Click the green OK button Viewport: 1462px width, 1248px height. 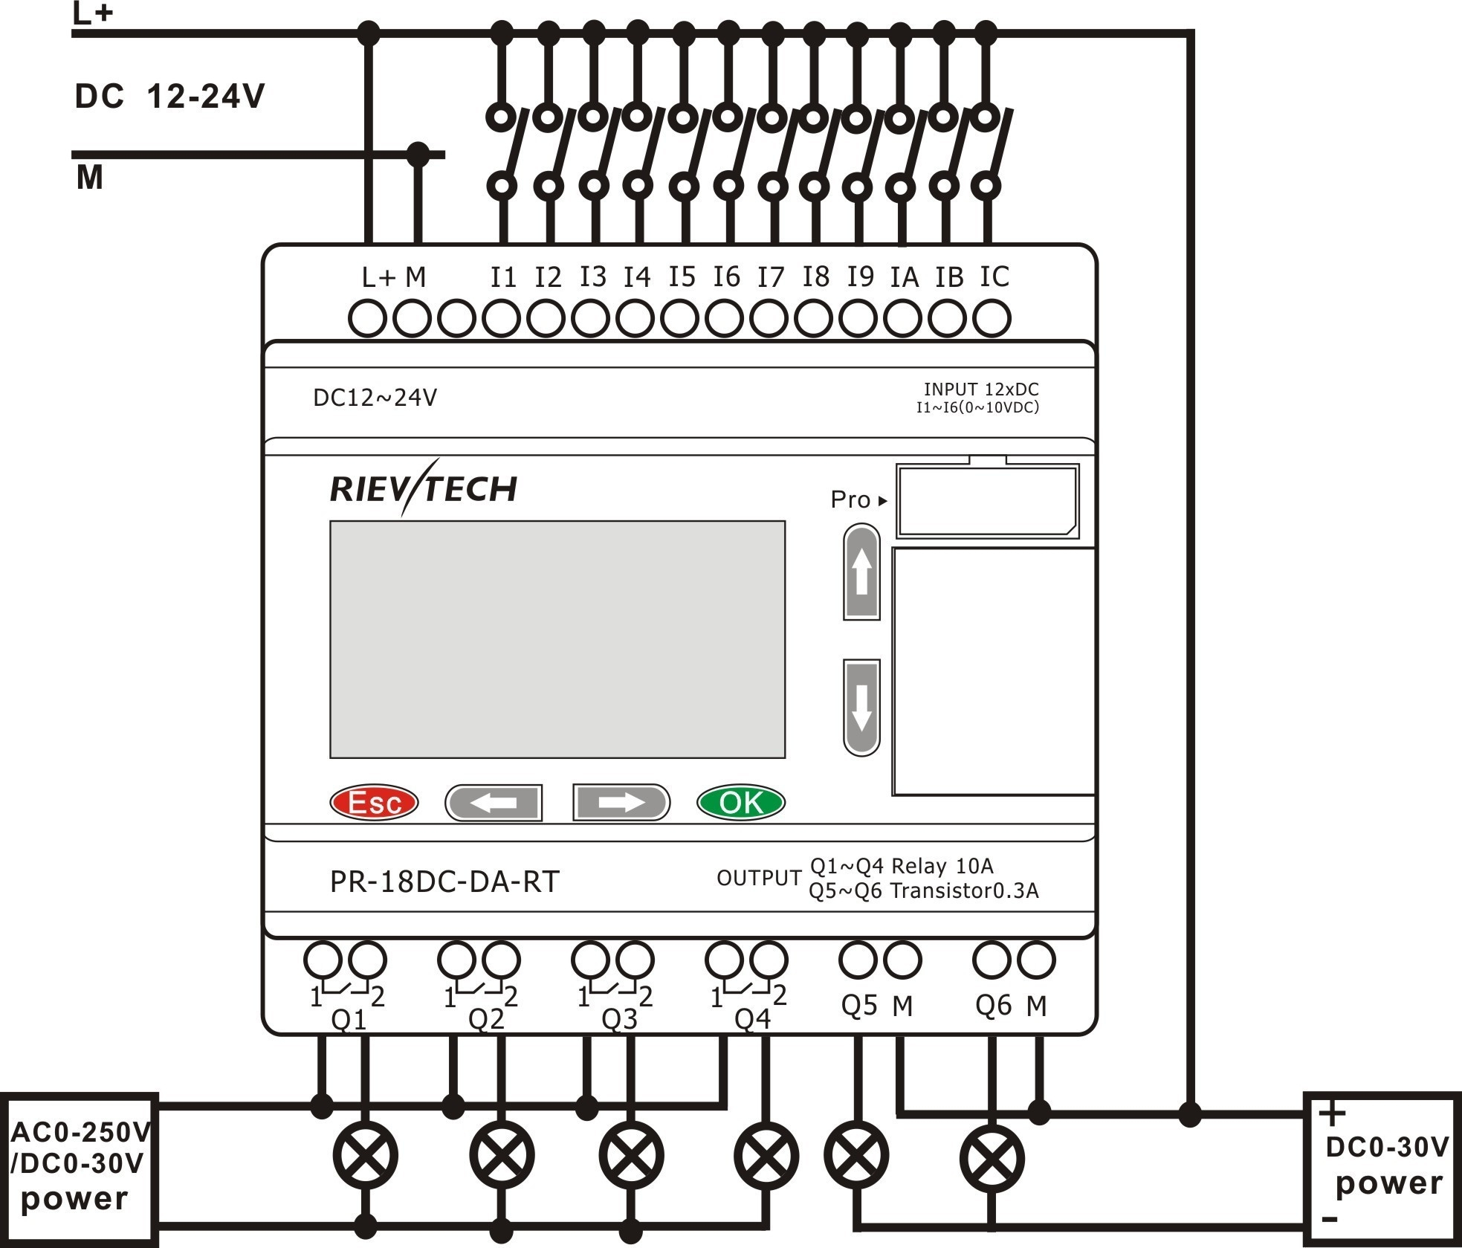pyautogui.click(x=740, y=802)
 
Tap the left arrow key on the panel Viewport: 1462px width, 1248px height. pyautogui.click(x=494, y=803)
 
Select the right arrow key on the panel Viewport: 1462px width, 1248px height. pyautogui.click(x=621, y=803)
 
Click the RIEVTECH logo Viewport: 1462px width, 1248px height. pyautogui.click(x=424, y=488)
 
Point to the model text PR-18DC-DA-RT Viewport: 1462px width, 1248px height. pyautogui.click(x=444, y=882)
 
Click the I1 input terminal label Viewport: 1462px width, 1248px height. pyautogui.click(x=503, y=277)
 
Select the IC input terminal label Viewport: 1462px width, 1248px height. pyautogui.click(x=994, y=277)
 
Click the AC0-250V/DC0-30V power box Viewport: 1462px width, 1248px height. pyautogui.click(x=80, y=1169)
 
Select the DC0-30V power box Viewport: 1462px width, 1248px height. pyautogui.click(x=1382, y=1168)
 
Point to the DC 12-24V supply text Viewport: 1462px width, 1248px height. pyautogui.click(x=169, y=97)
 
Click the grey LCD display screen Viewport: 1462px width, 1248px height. pyautogui.click(x=557, y=639)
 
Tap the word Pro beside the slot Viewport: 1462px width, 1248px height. pyautogui.click(x=850, y=499)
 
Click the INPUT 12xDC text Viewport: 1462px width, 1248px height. pyautogui.click(x=981, y=389)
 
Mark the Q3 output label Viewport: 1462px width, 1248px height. pyautogui.click(x=619, y=1019)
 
